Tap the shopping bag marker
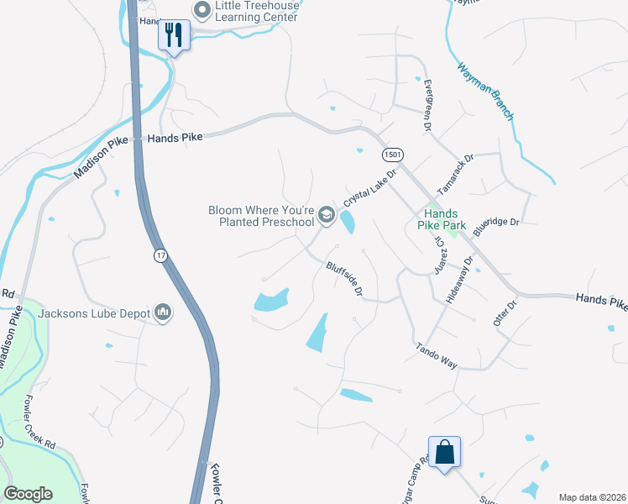click(x=444, y=452)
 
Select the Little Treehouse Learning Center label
click(x=256, y=12)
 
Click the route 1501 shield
click(x=392, y=155)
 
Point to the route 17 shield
click(x=160, y=255)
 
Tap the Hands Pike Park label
click(x=440, y=219)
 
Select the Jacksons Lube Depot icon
click(x=163, y=313)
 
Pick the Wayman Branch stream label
click(x=484, y=91)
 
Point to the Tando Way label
click(x=437, y=356)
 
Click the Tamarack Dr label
click(x=456, y=171)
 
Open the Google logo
click(x=29, y=494)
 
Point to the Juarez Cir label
click(x=439, y=252)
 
